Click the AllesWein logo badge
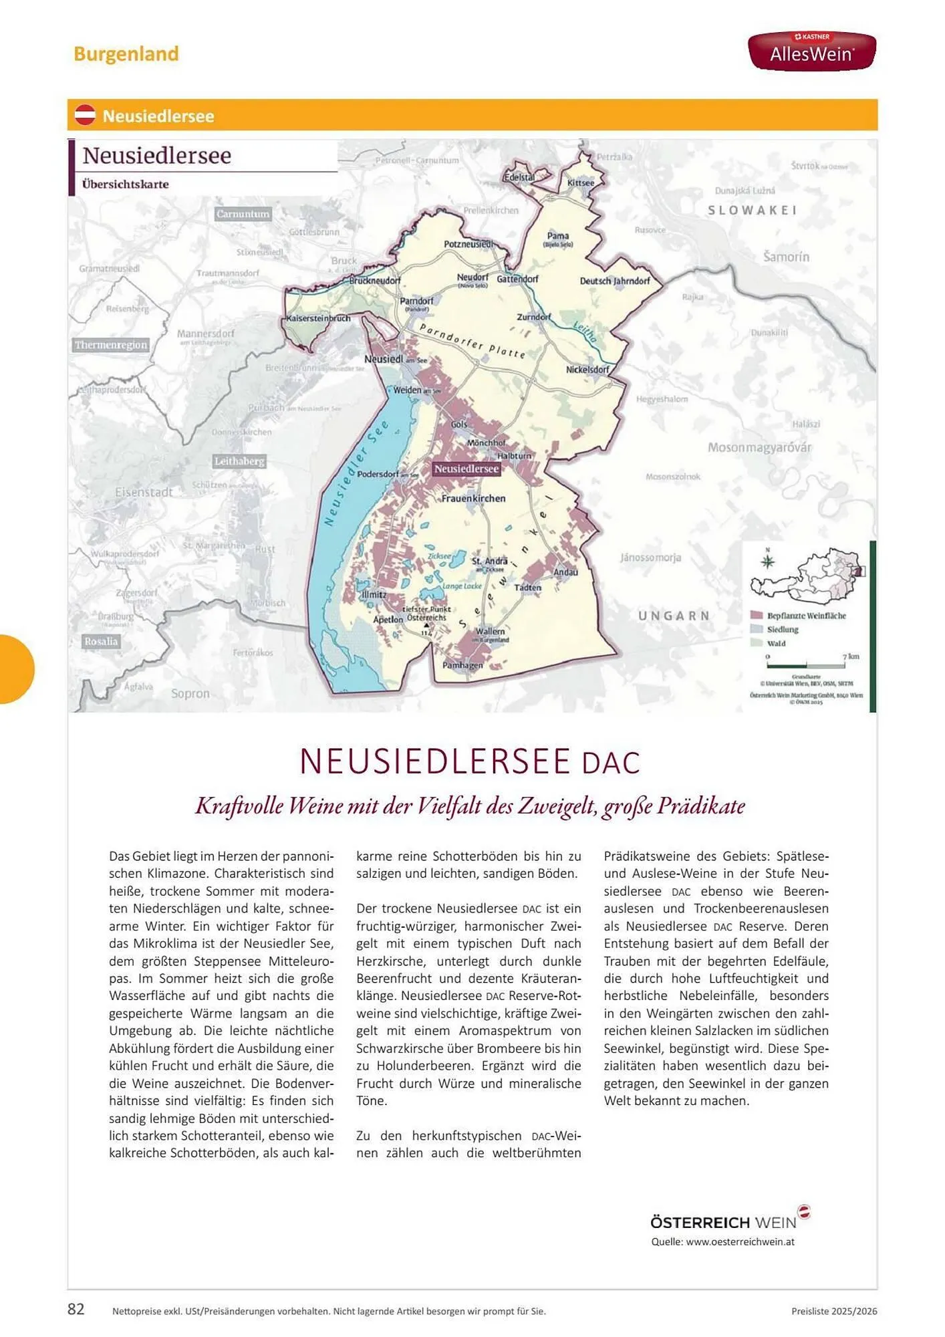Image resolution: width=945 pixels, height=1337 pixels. [x=811, y=51]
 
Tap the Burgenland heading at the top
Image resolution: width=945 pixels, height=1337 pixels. [x=126, y=53]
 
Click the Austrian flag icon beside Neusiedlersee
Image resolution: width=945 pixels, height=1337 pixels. [x=85, y=115]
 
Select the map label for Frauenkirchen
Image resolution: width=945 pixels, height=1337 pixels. [x=473, y=498]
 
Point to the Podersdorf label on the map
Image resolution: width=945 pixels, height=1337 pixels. [x=378, y=474]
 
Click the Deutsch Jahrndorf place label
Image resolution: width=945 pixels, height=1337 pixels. [x=615, y=281]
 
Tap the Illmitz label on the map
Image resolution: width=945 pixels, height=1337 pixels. [x=374, y=594]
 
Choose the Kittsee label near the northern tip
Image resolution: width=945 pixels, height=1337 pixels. [x=580, y=183]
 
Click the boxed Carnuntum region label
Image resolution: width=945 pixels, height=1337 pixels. [x=243, y=214]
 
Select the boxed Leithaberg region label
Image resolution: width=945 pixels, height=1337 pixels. [x=239, y=461]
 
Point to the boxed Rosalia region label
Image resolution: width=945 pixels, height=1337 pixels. [x=101, y=641]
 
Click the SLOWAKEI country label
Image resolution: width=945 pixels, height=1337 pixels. [x=753, y=210]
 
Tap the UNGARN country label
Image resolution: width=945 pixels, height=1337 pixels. [x=674, y=615]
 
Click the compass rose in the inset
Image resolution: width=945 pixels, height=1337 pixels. [x=768, y=560]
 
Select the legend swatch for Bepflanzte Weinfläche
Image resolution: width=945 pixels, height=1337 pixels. [x=757, y=615]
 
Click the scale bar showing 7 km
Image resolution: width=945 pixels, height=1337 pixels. [x=807, y=665]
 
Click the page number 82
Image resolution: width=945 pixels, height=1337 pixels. [x=76, y=1309]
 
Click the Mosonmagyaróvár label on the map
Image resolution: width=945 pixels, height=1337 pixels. [x=759, y=447]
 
